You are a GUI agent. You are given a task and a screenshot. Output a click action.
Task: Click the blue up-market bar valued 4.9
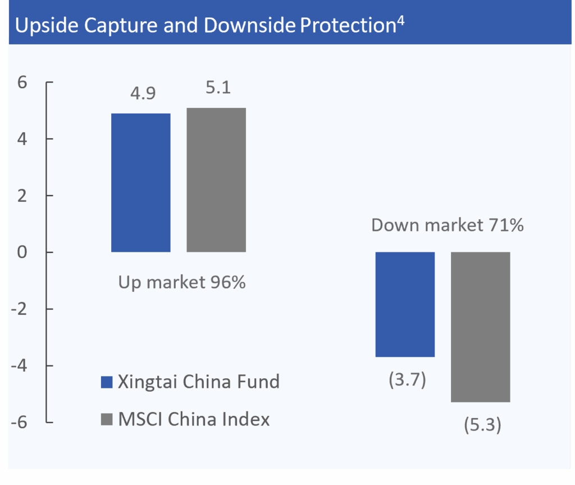point(141,183)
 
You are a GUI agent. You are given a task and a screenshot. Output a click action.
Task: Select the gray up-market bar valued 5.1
point(216,180)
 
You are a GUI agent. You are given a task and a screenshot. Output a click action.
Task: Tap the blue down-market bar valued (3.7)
point(405,304)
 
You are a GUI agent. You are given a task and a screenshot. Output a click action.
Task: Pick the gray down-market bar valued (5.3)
point(480,327)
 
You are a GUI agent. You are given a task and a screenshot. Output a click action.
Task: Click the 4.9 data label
point(143,93)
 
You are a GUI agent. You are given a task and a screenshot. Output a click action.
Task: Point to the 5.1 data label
point(218,88)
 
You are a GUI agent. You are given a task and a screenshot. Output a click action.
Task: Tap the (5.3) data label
point(482,425)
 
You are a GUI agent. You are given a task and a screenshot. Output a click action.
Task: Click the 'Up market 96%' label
point(182,282)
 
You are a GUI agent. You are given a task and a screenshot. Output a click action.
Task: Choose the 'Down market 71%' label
point(448,225)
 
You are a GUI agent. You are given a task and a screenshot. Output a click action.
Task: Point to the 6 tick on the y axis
point(22,82)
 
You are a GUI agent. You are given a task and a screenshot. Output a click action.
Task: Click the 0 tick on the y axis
point(22,252)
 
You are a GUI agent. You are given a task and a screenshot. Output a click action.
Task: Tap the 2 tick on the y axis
point(22,196)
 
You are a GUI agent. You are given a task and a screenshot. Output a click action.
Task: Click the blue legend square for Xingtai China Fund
point(107,382)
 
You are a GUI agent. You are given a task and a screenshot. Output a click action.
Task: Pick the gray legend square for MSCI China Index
point(107,419)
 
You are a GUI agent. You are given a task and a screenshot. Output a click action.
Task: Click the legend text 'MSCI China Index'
point(194,419)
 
